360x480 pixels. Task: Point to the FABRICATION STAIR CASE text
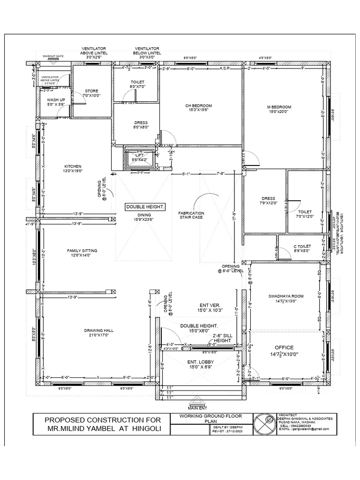[x=191, y=215]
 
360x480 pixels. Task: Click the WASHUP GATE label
[x=53, y=56]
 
